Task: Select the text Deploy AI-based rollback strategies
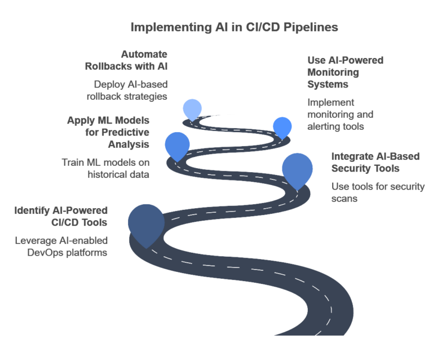130,90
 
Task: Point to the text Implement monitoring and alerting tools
340,115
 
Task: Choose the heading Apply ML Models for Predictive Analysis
108,133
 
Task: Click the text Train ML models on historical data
105,169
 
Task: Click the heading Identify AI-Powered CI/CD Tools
61,217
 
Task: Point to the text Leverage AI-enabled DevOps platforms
61,247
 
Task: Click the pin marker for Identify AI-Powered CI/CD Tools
146,223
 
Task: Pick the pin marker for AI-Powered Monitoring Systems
282,126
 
